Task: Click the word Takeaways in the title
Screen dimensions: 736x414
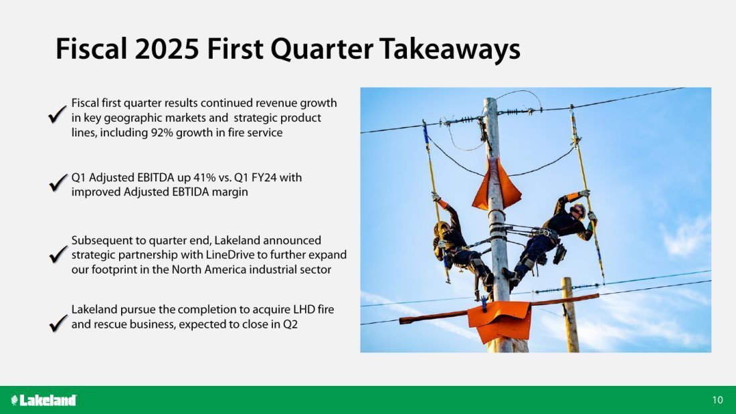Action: point(450,49)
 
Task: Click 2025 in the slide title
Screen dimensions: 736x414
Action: point(166,48)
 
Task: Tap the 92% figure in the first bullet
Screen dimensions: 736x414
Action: point(161,132)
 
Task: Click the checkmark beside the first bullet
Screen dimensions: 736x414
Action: point(57,115)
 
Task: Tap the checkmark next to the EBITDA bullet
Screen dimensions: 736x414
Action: point(58,183)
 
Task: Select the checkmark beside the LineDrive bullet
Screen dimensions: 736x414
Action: point(58,254)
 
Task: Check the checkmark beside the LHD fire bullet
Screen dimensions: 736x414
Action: point(58,323)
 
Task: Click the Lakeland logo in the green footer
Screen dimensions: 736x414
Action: point(43,400)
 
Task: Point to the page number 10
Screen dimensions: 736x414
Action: point(717,400)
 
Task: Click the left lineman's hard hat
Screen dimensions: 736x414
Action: point(441,228)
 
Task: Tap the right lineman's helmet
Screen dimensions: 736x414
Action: point(578,210)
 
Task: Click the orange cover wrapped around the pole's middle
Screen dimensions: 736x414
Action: point(496,185)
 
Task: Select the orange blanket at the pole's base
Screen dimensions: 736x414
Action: point(500,320)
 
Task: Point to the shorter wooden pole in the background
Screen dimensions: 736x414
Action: point(570,314)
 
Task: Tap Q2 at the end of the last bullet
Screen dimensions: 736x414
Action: point(290,324)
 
